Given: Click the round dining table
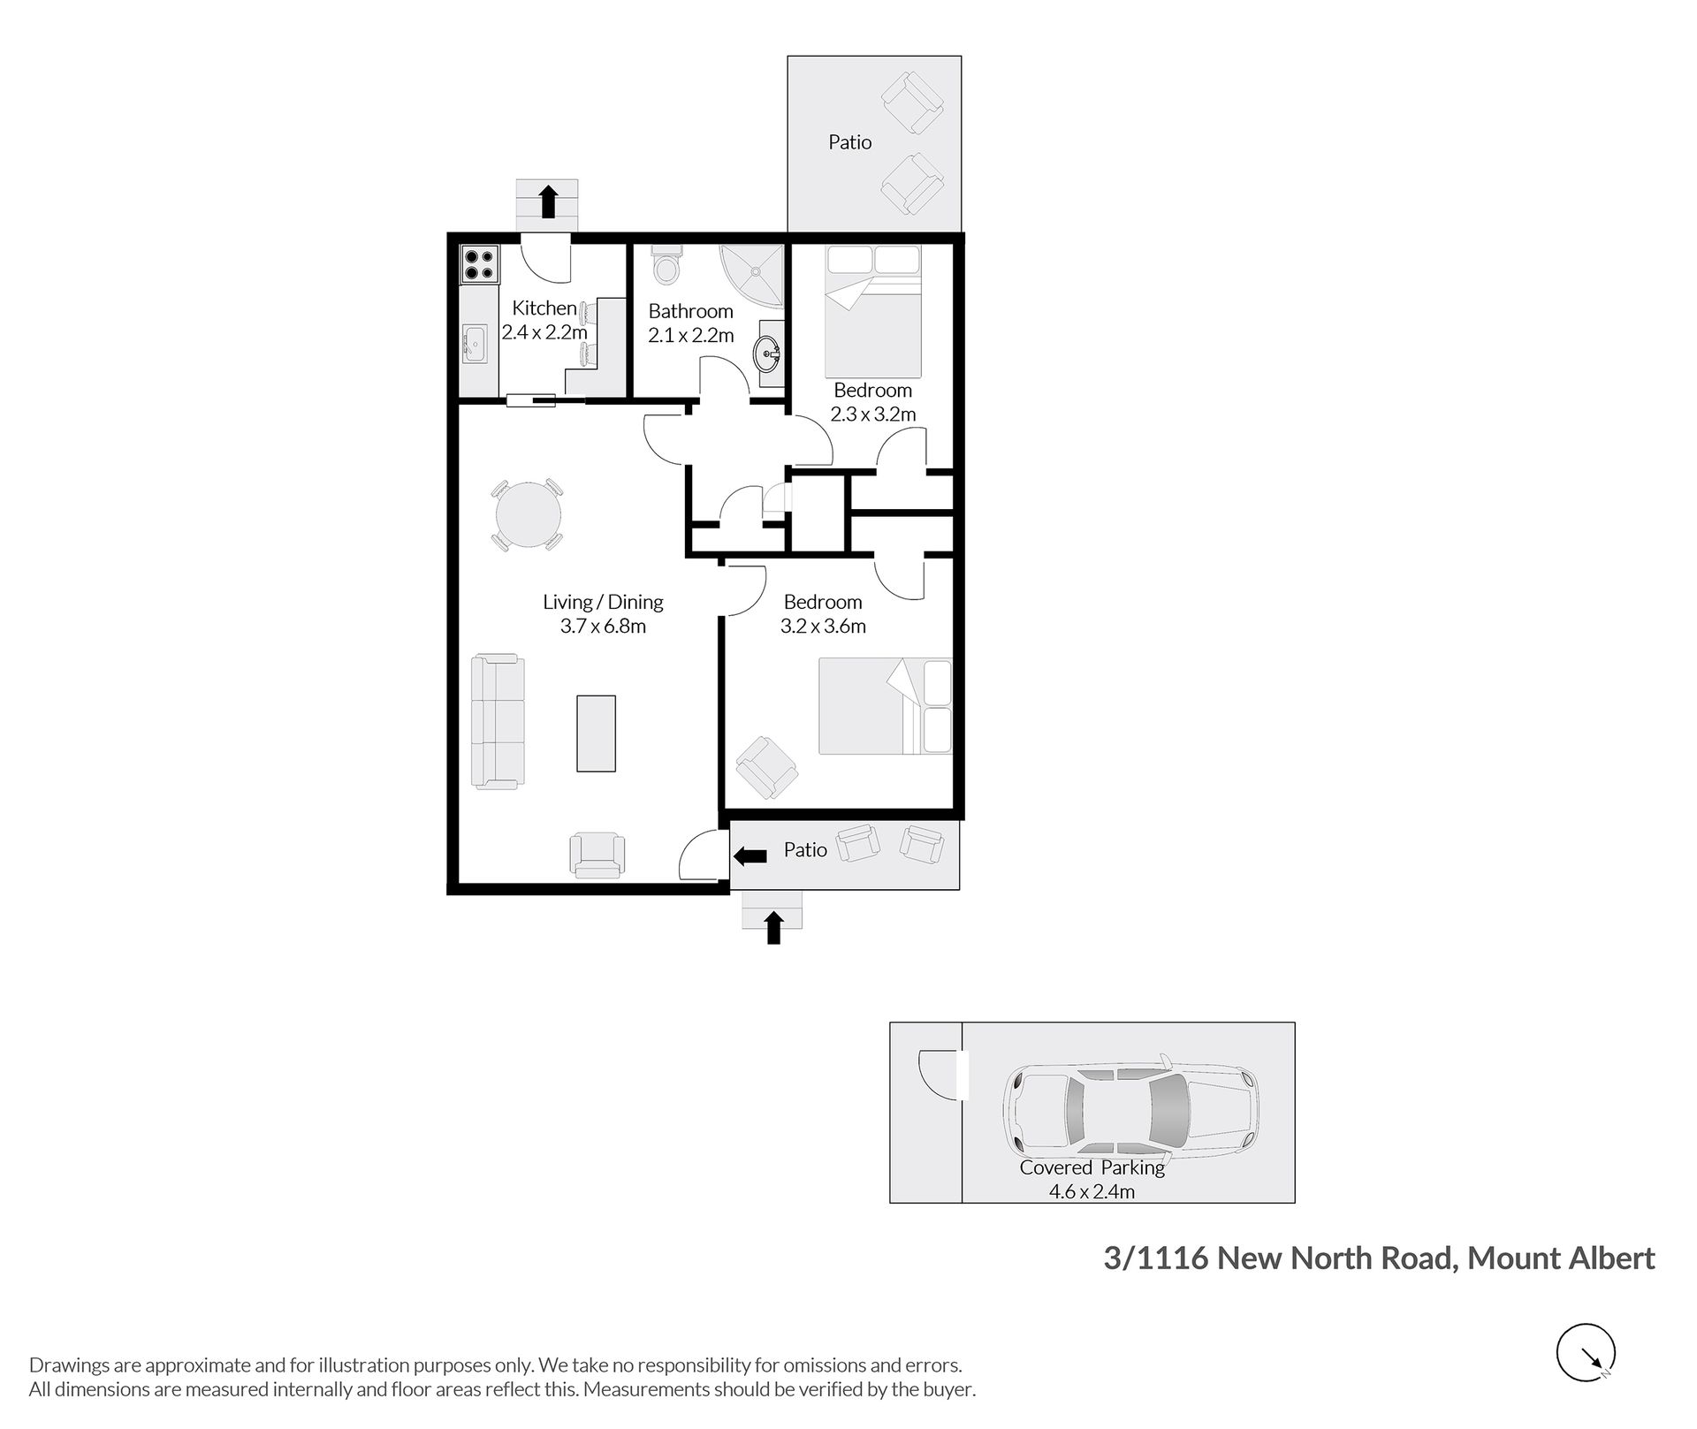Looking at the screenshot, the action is [x=528, y=515].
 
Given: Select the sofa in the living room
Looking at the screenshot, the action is [x=496, y=721].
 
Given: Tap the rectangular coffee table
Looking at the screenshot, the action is [x=596, y=734].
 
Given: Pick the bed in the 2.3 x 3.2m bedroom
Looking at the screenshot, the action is [x=873, y=311].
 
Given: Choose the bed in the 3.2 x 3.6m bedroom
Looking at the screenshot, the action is [x=886, y=706].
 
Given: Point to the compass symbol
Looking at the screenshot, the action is [x=1586, y=1352].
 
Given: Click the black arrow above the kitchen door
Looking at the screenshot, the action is [x=548, y=201].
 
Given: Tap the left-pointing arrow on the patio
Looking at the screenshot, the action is [x=750, y=855].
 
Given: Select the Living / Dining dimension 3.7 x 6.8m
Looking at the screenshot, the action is [x=603, y=627].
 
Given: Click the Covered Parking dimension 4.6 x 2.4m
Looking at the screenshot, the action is [x=1092, y=1191].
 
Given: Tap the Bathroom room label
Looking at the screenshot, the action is [x=691, y=311].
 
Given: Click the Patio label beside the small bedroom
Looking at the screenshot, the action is [x=850, y=142].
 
